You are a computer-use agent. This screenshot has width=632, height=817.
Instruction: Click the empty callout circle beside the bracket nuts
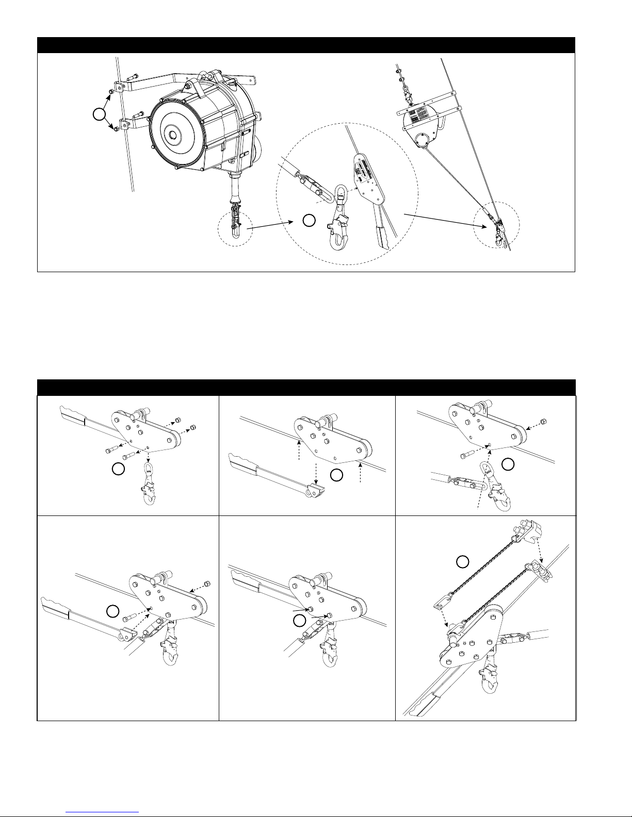click(x=100, y=114)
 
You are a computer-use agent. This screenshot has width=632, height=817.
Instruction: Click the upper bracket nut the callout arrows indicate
click(x=111, y=92)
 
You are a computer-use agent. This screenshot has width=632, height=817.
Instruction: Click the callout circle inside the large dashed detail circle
click(x=308, y=221)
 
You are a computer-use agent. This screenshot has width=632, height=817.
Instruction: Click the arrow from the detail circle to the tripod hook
click(x=443, y=219)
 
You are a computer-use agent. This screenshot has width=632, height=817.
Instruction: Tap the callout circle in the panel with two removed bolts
click(x=118, y=469)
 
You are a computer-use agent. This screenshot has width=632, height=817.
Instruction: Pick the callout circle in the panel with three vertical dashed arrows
click(x=336, y=476)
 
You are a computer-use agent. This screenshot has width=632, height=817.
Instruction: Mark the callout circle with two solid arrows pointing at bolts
click(x=298, y=621)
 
